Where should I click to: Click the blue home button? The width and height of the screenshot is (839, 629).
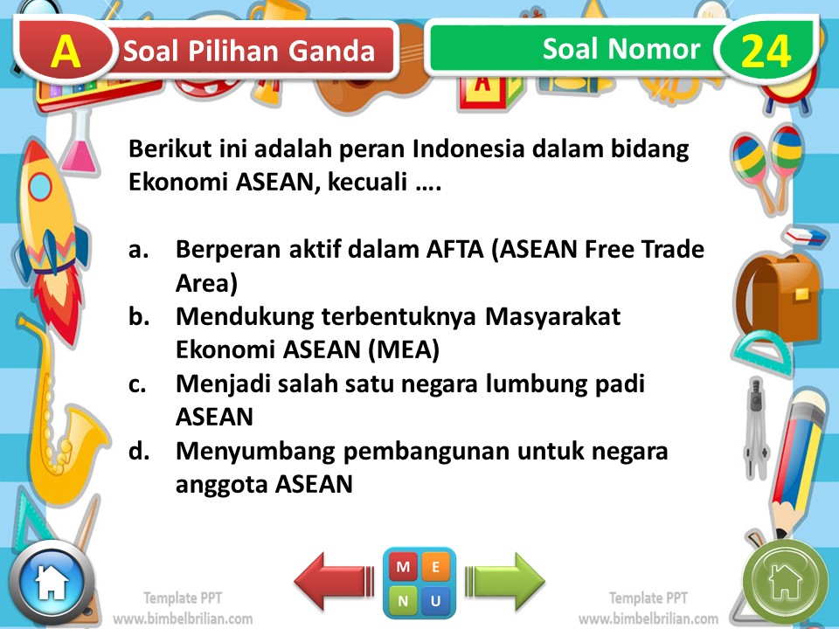pyautogui.click(x=51, y=581)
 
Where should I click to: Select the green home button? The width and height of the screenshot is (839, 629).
pyautogui.click(x=785, y=581)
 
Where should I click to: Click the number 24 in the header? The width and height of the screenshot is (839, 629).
pyautogui.click(x=765, y=52)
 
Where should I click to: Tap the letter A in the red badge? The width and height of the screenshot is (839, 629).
pyautogui.click(x=66, y=52)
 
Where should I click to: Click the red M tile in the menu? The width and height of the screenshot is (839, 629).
pyautogui.click(x=404, y=567)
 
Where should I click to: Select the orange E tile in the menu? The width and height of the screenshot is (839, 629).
pyautogui.click(x=435, y=567)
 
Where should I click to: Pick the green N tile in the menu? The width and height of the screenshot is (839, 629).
pyautogui.click(x=404, y=600)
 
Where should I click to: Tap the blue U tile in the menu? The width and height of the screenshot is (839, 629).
pyautogui.click(x=435, y=600)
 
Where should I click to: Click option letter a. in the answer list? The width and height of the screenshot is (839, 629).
pyautogui.click(x=139, y=250)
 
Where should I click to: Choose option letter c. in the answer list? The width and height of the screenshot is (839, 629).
pyautogui.click(x=138, y=384)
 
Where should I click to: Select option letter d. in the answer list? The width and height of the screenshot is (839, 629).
pyautogui.click(x=139, y=452)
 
